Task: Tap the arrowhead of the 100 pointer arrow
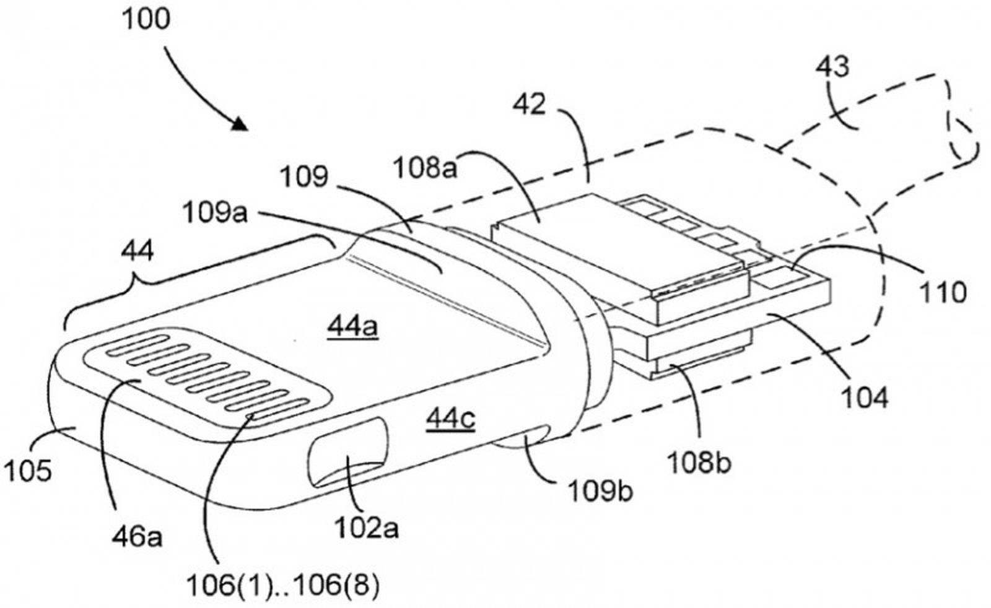240,124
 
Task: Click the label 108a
426,167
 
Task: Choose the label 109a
214,214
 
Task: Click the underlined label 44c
450,419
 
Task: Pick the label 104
864,396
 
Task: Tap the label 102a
367,528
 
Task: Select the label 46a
138,537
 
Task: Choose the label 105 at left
28,472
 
